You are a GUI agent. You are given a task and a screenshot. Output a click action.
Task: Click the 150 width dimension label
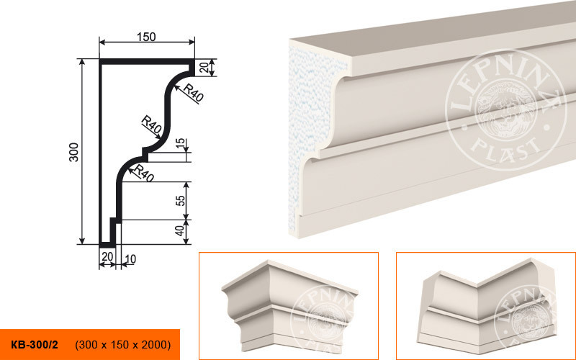[146, 37]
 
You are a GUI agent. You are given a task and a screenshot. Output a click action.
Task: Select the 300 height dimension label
[74, 152]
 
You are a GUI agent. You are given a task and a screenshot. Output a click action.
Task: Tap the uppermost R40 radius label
[194, 93]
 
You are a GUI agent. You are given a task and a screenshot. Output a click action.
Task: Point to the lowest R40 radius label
[144, 173]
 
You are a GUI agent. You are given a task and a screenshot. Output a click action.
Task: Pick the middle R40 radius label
[151, 124]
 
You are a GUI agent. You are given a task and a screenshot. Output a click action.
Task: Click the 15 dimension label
[179, 143]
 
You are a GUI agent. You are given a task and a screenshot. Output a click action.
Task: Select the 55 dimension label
[181, 201]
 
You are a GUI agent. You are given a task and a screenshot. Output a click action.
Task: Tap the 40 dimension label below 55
[179, 230]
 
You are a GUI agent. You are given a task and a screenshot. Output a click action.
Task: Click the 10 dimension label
[130, 259]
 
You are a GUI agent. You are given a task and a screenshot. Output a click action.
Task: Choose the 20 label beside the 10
[107, 256]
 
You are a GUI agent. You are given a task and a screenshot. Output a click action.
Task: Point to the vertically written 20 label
[204, 67]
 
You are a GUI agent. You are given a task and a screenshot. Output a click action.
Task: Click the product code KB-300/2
[35, 345]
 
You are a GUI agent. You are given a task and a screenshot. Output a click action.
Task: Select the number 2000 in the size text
[155, 345]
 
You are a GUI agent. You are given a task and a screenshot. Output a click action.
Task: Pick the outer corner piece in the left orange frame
[289, 305]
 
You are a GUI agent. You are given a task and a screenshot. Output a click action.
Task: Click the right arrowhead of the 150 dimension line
[192, 42]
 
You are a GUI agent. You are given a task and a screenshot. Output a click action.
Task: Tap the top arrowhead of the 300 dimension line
[82, 62]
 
